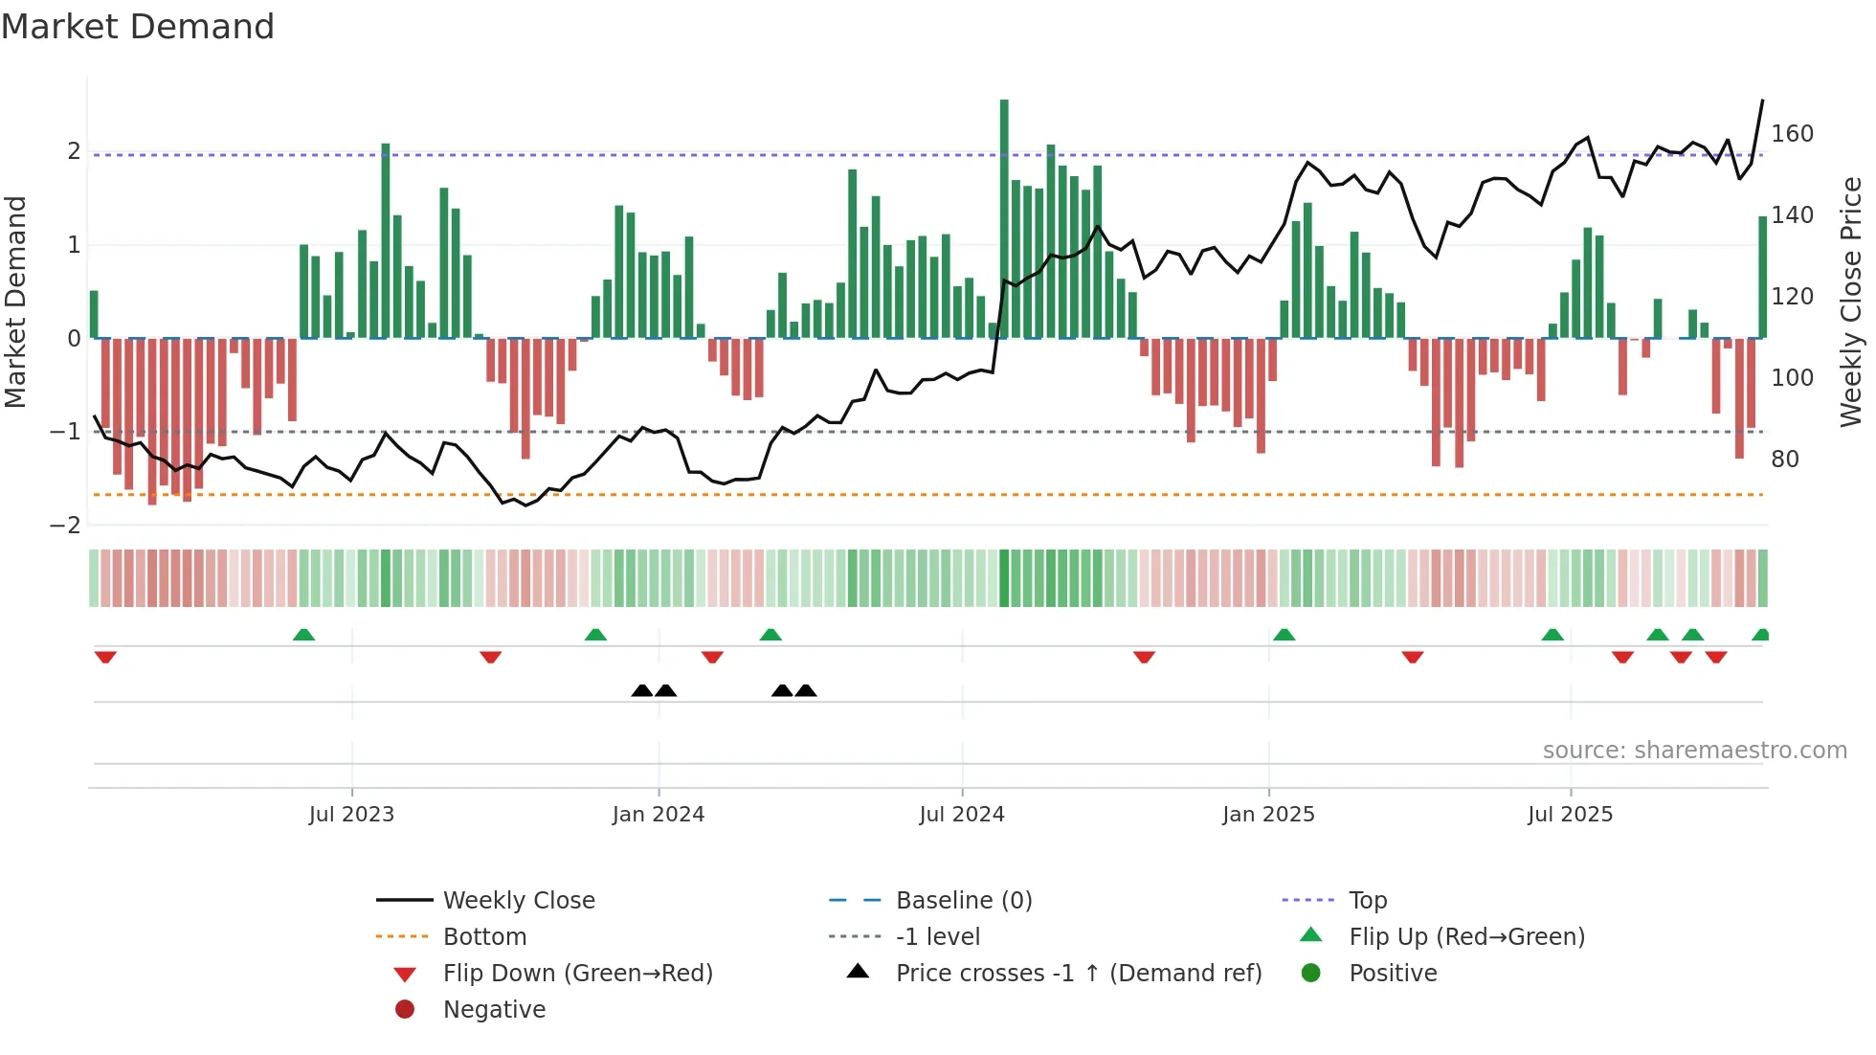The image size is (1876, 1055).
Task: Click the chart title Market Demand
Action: pos(138,27)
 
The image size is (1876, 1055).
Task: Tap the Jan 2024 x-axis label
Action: pos(658,815)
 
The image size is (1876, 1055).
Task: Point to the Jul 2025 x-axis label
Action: pos(1570,815)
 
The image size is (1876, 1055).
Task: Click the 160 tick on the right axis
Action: pos(1792,134)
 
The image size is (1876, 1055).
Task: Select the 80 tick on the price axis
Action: pos(1784,460)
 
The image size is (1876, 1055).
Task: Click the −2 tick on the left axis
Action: pos(65,525)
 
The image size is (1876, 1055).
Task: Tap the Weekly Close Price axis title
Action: pos(1851,302)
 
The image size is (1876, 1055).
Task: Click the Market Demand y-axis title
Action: pos(15,302)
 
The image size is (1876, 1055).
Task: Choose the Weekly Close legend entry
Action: pos(518,901)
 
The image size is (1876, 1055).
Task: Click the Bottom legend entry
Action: pos(484,937)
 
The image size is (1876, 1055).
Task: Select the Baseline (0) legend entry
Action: pos(963,901)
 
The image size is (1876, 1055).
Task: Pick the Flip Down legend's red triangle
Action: pos(405,975)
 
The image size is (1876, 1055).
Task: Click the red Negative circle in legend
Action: pos(405,1010)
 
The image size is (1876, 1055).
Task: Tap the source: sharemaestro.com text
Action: pos(1694,751)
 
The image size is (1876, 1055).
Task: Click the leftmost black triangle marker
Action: pos(642,690)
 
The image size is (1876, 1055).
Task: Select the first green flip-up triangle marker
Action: pos(303,635)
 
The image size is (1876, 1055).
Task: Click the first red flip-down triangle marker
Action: pos(105,657)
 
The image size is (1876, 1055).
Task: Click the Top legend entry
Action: pos(1367,901)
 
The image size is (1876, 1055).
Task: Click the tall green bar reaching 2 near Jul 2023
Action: pos(386,240)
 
